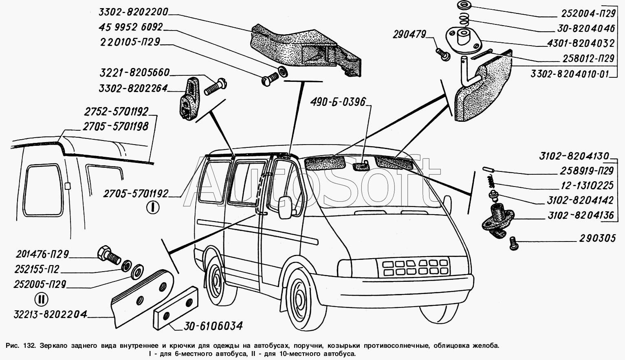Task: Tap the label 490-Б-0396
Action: click(x=338, y=102)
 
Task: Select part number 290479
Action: click(x=409, y=35)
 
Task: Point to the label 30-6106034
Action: click(x=213, y=326)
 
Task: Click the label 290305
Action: click(x=597, y=238)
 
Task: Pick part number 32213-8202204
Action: click(x=50, y=314)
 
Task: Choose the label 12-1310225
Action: click(x=586, y=185)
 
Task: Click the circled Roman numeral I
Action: click(x=153, y=208)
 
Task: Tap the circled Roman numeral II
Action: click(x=41, y=299)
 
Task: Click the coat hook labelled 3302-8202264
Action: click(x=188, y=99)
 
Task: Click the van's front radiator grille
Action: click(x=413, y=267)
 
